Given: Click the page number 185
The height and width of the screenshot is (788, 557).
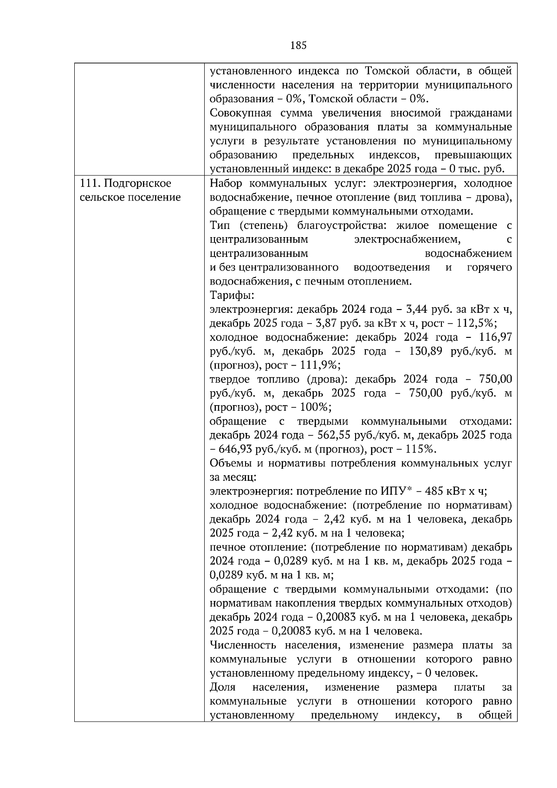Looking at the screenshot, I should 298,45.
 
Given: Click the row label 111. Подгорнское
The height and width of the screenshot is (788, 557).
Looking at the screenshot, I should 125,184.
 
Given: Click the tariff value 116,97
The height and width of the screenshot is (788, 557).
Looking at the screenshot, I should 495,337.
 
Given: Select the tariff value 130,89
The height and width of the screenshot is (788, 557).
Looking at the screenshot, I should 425,351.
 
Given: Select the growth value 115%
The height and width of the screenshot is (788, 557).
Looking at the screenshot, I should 420,449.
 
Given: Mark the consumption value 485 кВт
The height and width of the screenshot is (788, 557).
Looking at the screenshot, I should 447,491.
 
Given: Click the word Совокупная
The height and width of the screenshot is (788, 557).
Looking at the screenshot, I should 239,114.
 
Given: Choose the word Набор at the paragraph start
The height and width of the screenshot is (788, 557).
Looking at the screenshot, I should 226,184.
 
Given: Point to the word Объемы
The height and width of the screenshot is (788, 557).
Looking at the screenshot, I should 230,463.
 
